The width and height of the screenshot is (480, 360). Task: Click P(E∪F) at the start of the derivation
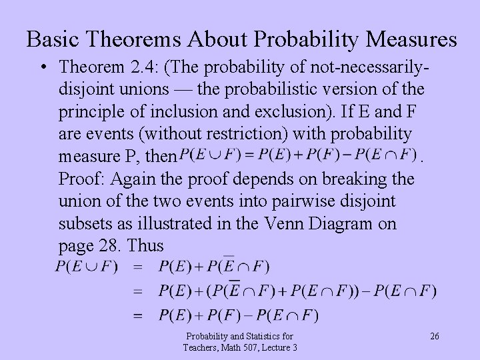coord(87,267)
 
